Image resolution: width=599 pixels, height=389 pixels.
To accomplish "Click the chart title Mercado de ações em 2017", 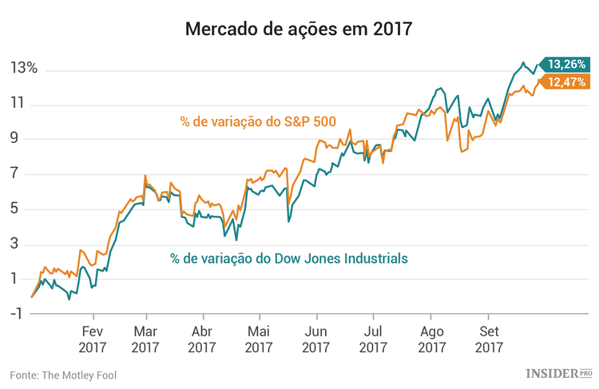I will (299, 30).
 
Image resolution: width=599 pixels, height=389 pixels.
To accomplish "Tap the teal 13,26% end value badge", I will (565, 63).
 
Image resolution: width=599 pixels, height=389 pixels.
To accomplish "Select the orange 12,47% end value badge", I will (565, 81).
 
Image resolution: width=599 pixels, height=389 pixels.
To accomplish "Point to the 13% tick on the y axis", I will (23, 69).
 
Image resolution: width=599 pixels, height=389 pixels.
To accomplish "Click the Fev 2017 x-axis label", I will (92, 339).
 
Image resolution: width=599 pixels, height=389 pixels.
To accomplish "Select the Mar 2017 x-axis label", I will (145, 339).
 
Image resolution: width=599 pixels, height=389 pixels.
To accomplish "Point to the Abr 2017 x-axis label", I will (202, 339).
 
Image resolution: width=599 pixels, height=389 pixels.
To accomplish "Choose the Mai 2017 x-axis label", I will (259, 339).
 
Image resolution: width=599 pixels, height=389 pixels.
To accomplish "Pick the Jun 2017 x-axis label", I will (316, 339).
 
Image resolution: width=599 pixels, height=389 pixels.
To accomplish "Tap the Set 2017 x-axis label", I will (489, 339).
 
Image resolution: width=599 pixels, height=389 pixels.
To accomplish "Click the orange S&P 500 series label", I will (257, 122).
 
